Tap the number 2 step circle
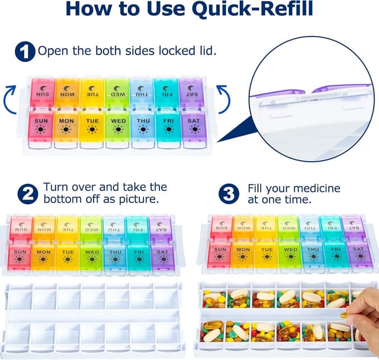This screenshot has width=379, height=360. point(27,194)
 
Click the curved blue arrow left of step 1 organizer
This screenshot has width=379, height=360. point(10,98)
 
